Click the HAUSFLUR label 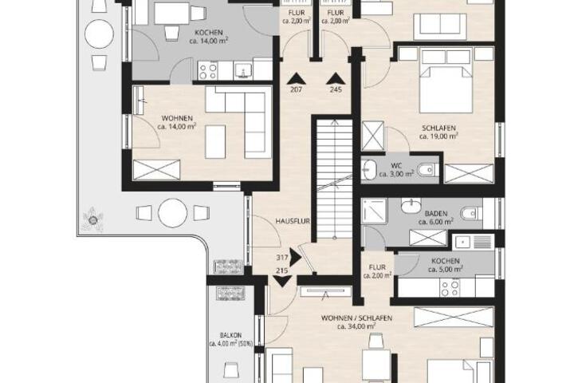pos(293,221)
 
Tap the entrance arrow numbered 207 pos(296,79)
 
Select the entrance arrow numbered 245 pos(336,79)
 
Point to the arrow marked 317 pos(295,257)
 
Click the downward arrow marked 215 pos(282,281)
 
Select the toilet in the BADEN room pos(470,213)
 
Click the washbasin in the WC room pos(368,170)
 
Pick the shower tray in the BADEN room pos(374,211)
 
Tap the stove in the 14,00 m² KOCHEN pos(207,70)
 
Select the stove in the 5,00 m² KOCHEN pos(450,288)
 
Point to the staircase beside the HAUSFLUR pos(334,179)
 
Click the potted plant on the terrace pos(93,219)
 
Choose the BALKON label pos(230,335)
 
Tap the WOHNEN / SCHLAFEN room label pos(356,318)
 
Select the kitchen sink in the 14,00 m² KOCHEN pos(243,70)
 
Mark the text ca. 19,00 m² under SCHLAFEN pos(438,136)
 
